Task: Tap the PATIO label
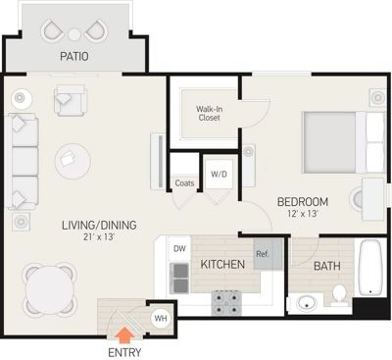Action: pyautogui.click(x=74, y=56)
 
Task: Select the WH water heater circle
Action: pyautogui.click(x=161, y=318)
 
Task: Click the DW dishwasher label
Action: pyautogui.click(x=179, y=249)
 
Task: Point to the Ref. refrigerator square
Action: pyautogui.click(x=268, y=254)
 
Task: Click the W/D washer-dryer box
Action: pyautogui.click(x=219, y=174)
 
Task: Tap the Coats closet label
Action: pyautogui.click(x=184, y=183)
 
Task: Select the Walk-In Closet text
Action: pyautogui.click(x=209, y=113)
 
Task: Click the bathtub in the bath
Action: pyautogui.click(x=370, y=268)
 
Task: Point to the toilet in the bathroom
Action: pyautogui.click(x=339, y=295)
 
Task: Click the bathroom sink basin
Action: pyautogui.click(x=307, y=303)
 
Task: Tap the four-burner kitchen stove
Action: pyautogui.click(x=226, y=303)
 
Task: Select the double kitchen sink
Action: pyautogui.click(x=179, y=278)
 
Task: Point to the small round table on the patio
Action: pyautogui.click(x=74, y=34)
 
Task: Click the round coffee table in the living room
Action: pyautogui.click(x=73, y=161)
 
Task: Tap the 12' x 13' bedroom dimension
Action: pyautogui.click(x=303, y=214)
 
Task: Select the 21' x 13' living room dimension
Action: pyautogui.click(x=99, y=236)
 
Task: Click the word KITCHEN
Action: pyautogui.click(x=222, y=264)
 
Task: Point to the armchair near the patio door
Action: pyautogui.click(x=71, y=100)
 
